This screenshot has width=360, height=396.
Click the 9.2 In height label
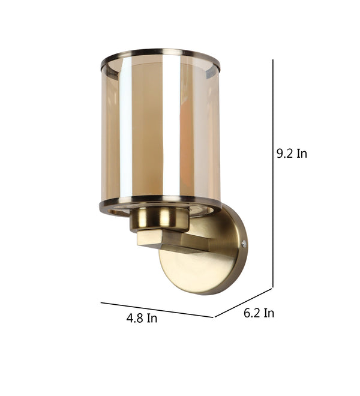[x=292, y=153]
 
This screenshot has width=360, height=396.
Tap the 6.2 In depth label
[x=259, y=313]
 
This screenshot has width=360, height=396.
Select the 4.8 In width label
[x=142, y=318]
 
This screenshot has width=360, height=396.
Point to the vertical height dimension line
[x=273, y=173]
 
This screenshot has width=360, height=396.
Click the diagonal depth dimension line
[x=243, y=303]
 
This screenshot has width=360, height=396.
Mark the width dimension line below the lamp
[x=157, y=310]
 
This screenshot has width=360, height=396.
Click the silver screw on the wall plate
[x=244, y=244]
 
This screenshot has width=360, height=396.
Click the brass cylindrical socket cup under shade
[x=160, y=220]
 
